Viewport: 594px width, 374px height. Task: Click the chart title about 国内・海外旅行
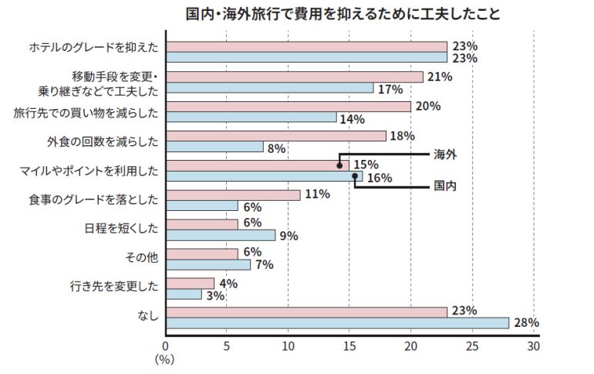coord(343,15)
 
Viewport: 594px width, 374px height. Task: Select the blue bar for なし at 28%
coord(337,323)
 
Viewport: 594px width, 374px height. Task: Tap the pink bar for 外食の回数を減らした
coord(275,136)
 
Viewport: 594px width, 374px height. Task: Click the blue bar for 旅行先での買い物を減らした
coord(251,117)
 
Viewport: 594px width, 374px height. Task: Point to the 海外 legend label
coord(445,155)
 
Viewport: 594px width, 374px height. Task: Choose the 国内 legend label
coord(445,186)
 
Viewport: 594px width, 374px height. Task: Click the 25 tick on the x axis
coord(471,346)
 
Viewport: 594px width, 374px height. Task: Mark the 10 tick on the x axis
coord(288,346)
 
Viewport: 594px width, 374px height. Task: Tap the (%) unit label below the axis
coord(164,359)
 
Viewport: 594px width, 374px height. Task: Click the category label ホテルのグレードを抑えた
coord(93,48)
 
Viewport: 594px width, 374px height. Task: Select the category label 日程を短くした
coord(121,229)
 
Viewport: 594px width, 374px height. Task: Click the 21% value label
coord(439,76)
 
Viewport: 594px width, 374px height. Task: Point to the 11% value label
coord(316,195)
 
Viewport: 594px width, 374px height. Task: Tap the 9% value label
coord(289,236)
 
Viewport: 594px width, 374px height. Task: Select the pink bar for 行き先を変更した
coord(190,284)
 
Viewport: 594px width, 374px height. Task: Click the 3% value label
coord(214,295)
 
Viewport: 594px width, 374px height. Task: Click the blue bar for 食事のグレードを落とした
coord(202,206)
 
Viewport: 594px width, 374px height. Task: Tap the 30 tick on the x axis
coord(533,346)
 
